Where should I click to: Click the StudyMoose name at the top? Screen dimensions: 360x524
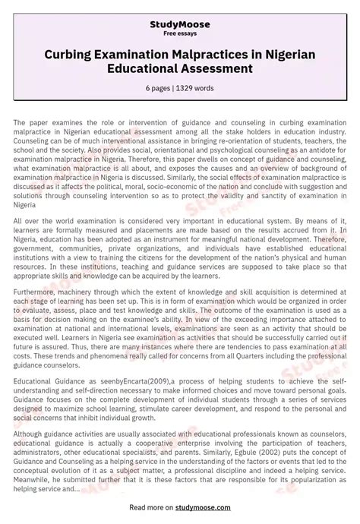tap(180, 25)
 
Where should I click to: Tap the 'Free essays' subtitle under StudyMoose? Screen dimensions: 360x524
tap(180, 34)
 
